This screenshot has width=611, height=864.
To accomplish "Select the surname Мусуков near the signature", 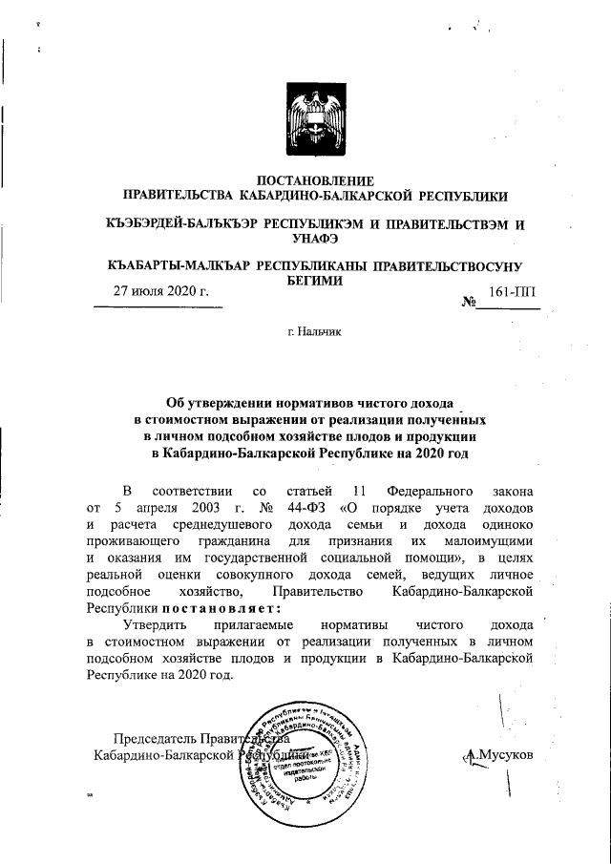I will pos(505,755).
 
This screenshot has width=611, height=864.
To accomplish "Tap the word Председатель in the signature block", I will pos(155,739).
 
